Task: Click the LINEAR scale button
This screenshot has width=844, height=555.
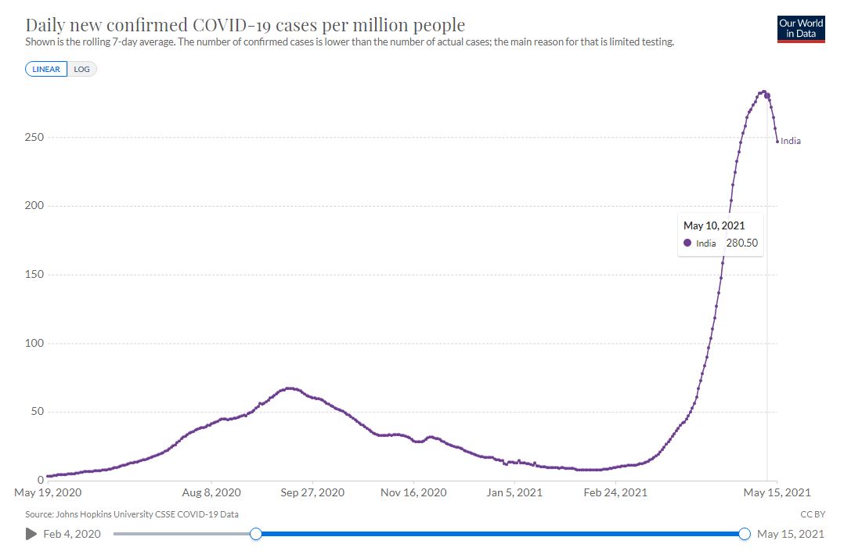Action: coord(46,69)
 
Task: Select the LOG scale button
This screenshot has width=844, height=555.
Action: coord(81,69)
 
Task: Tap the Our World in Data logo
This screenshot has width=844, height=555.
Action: coord(801,28)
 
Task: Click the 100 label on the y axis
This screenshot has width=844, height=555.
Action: coord(32,343)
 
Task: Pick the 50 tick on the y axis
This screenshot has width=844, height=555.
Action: coord(35,412)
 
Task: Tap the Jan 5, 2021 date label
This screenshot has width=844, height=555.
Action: coord(514,493)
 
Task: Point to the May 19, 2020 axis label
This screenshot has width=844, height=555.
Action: coord(48,493)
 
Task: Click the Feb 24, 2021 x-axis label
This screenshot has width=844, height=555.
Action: coord(615,493)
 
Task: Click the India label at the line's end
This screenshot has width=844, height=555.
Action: coord(791,142)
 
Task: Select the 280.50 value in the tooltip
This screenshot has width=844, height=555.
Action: coord(741,243)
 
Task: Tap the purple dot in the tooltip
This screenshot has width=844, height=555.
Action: coord(687,243)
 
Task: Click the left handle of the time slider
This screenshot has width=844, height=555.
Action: coord(255,534)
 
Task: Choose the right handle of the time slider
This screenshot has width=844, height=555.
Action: coord(744,534)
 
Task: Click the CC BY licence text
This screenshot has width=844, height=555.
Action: coord(813,514)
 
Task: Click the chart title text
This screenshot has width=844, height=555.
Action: coord(245,25)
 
